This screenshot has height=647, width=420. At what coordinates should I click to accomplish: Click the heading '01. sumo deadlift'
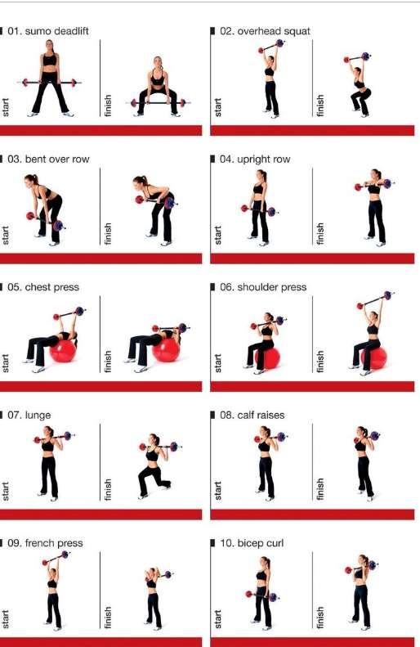point(48,31)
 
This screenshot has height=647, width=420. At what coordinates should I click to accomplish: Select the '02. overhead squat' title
point(265,31)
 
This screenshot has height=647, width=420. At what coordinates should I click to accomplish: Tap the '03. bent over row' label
point(48,160)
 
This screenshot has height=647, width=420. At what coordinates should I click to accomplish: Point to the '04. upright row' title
point(255,160)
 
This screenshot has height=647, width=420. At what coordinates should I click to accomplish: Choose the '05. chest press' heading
point(43,287)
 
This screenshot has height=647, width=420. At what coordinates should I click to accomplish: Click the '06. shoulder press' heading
point(263,287)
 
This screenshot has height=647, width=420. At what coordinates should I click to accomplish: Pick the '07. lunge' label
point(29,415)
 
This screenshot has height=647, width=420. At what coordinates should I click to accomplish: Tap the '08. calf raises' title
point(252,415)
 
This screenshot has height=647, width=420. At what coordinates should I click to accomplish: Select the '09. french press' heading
point(45,543)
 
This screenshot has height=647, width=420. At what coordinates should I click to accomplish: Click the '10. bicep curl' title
point(252,543)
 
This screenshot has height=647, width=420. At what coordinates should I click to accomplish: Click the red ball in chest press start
point(63,350)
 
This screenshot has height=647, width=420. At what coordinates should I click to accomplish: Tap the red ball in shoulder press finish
point(374,357)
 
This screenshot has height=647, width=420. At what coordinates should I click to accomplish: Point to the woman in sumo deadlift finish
point(158,87)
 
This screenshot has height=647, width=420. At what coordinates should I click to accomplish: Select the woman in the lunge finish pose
point(154,466)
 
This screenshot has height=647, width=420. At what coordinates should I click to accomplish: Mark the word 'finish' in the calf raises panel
point(319,489)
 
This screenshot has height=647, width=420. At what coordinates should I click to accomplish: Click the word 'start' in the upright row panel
point(218,236)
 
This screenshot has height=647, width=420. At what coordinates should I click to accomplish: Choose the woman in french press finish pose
point(153,598)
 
